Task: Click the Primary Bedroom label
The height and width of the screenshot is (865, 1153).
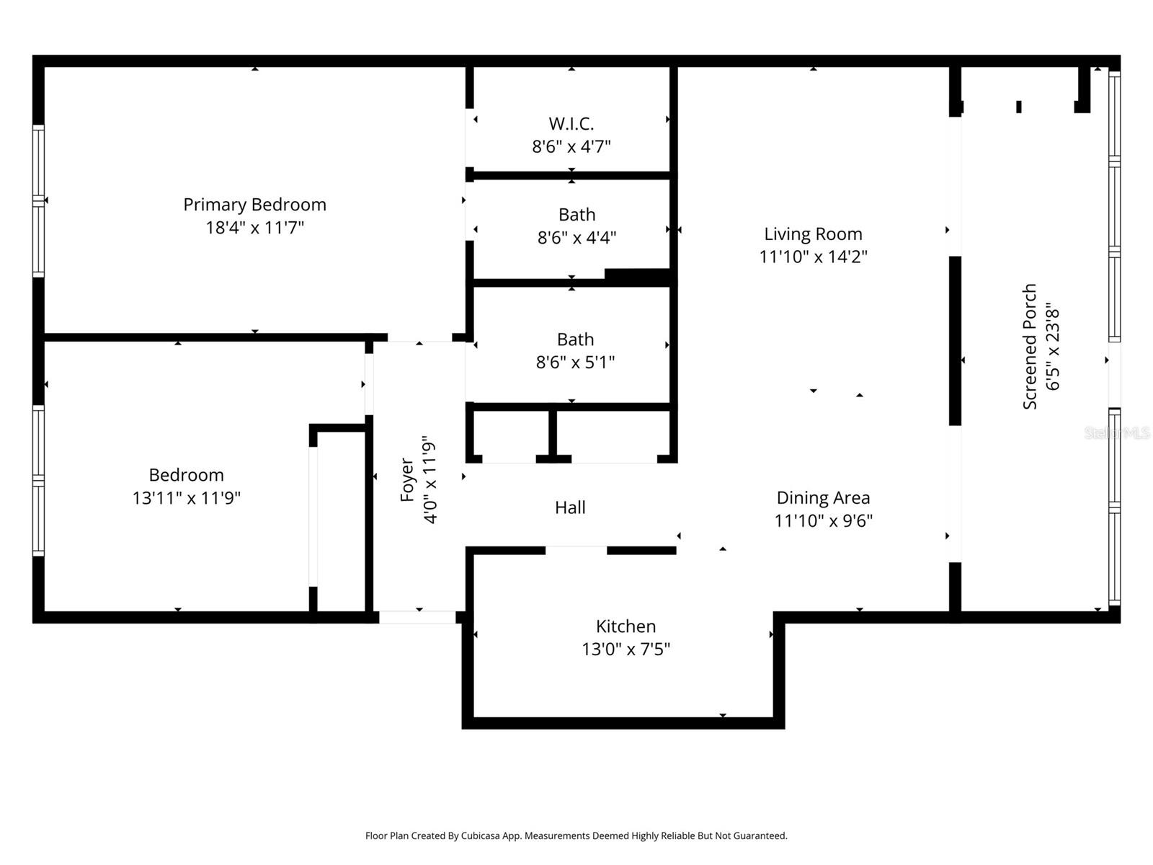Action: (254, 205)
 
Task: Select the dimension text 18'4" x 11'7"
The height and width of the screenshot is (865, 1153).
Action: (254, 228)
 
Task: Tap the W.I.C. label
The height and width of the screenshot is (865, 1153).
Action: (571, 123)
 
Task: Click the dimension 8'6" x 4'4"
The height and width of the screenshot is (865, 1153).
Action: (576, 237)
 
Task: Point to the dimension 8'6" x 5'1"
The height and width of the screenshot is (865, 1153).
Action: (575, 362)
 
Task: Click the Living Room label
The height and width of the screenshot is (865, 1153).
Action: (813, 234)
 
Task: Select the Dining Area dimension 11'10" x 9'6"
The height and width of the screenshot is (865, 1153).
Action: (823, 520)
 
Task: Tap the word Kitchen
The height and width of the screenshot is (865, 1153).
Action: (626, 626)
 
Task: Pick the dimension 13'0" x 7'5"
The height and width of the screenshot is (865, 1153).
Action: (626, 649)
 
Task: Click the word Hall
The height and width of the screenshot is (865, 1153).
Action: (570, 507)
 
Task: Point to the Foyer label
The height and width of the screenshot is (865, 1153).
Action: (407, 479)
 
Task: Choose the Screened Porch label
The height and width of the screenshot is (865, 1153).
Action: (1030, 346)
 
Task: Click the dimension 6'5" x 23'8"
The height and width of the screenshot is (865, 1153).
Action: (1053, 346)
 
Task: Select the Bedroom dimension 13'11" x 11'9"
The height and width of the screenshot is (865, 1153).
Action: (186, 498)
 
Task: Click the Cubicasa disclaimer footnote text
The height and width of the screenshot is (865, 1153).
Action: (576, 836)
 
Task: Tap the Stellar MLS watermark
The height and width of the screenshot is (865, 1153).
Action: (1117, 432)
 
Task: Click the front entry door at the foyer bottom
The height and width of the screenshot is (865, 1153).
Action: (417, 617)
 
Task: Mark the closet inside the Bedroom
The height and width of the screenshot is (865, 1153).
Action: (341, 519)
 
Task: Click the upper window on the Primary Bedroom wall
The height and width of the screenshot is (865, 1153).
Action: (39, 166)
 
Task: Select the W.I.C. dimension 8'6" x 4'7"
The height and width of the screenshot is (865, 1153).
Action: (571, 146)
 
